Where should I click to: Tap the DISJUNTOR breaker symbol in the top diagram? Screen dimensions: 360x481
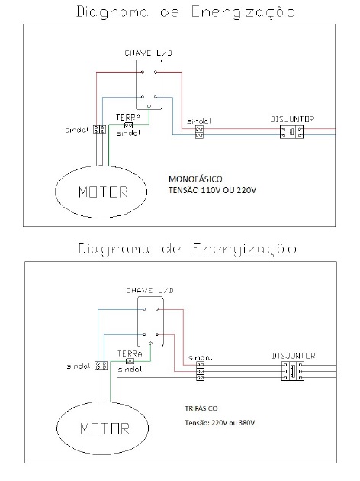(291, 132)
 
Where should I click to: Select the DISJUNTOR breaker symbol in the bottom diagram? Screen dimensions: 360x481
(293, 371)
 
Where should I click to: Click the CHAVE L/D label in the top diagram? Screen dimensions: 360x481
(148, 53)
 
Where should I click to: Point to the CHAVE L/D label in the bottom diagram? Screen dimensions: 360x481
(149, 290)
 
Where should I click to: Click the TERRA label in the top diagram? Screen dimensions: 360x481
(128, 117)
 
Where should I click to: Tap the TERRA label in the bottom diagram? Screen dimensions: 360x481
(130, 353)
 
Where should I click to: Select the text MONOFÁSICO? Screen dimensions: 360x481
(195, 179)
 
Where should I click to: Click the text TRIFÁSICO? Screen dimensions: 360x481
(201, 408)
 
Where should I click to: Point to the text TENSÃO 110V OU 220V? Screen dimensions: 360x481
(212, 190)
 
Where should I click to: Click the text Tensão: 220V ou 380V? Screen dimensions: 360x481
(220, 423)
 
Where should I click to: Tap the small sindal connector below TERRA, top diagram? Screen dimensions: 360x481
(129, 125)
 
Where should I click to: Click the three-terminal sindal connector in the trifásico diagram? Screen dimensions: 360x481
(200, 371)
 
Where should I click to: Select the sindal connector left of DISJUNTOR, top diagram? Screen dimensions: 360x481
(199, 132)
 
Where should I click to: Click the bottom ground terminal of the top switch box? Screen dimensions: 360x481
(149, 106)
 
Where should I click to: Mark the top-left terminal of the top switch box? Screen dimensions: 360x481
(143, 72)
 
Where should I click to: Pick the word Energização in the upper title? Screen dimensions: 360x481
(243, 12)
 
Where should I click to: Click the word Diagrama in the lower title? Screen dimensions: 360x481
(114, 249)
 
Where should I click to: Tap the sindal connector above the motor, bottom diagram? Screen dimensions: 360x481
(101, 366)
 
